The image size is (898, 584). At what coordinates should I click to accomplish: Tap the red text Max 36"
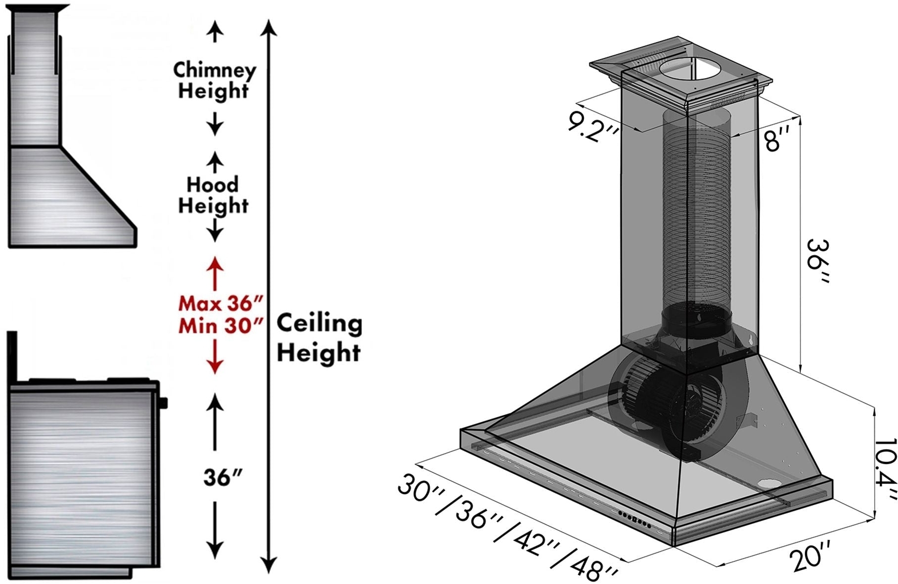[221, 303]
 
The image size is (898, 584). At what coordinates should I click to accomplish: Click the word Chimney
[215, 70]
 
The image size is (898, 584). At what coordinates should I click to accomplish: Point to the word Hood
[213, 185]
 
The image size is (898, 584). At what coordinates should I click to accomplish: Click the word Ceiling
[319, 324]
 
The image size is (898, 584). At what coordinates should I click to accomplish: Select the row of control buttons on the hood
[635, 520]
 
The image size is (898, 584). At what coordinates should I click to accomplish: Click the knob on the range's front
[163, 403]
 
